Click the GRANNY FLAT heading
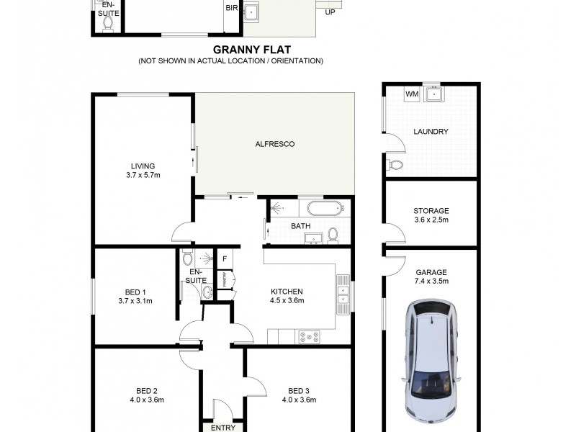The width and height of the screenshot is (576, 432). (230, 52)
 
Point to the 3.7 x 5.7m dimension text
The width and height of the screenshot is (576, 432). (143, 175)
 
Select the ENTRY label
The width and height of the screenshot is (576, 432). (223, 428)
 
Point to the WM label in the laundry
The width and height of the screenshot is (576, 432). (412, 94)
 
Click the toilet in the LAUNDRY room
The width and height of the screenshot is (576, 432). (395, 166)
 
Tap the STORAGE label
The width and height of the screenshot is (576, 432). (431, 211)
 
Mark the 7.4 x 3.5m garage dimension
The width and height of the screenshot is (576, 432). (431, 282)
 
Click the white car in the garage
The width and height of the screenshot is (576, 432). (431, 363)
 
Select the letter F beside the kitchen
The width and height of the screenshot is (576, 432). (225, 258)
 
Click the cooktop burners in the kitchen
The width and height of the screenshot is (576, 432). (310, 335)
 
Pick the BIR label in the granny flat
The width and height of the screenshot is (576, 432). (232, 9)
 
